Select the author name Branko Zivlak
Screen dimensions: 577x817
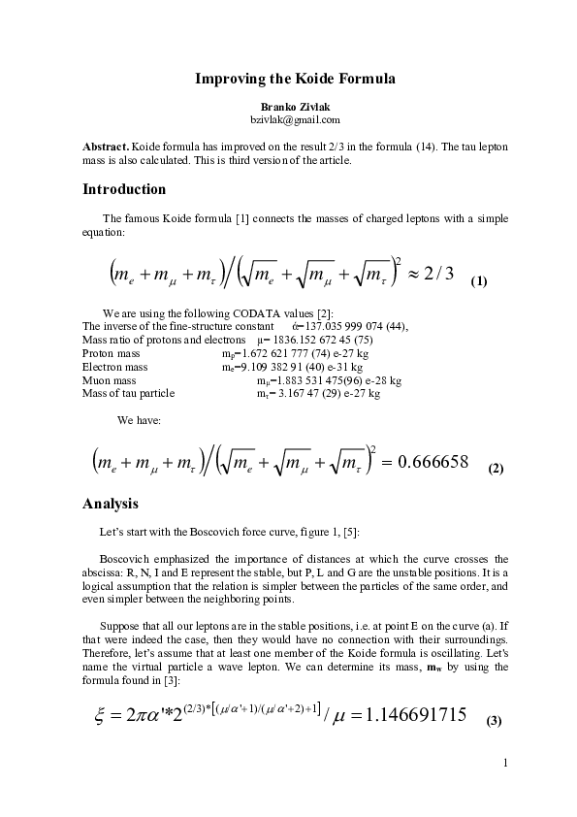coord(288,105)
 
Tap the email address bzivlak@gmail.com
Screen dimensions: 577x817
coord(288,119)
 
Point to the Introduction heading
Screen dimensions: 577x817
coord(124,188)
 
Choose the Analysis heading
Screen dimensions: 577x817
coord(111,504)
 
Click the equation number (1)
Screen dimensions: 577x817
coord(478,281)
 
